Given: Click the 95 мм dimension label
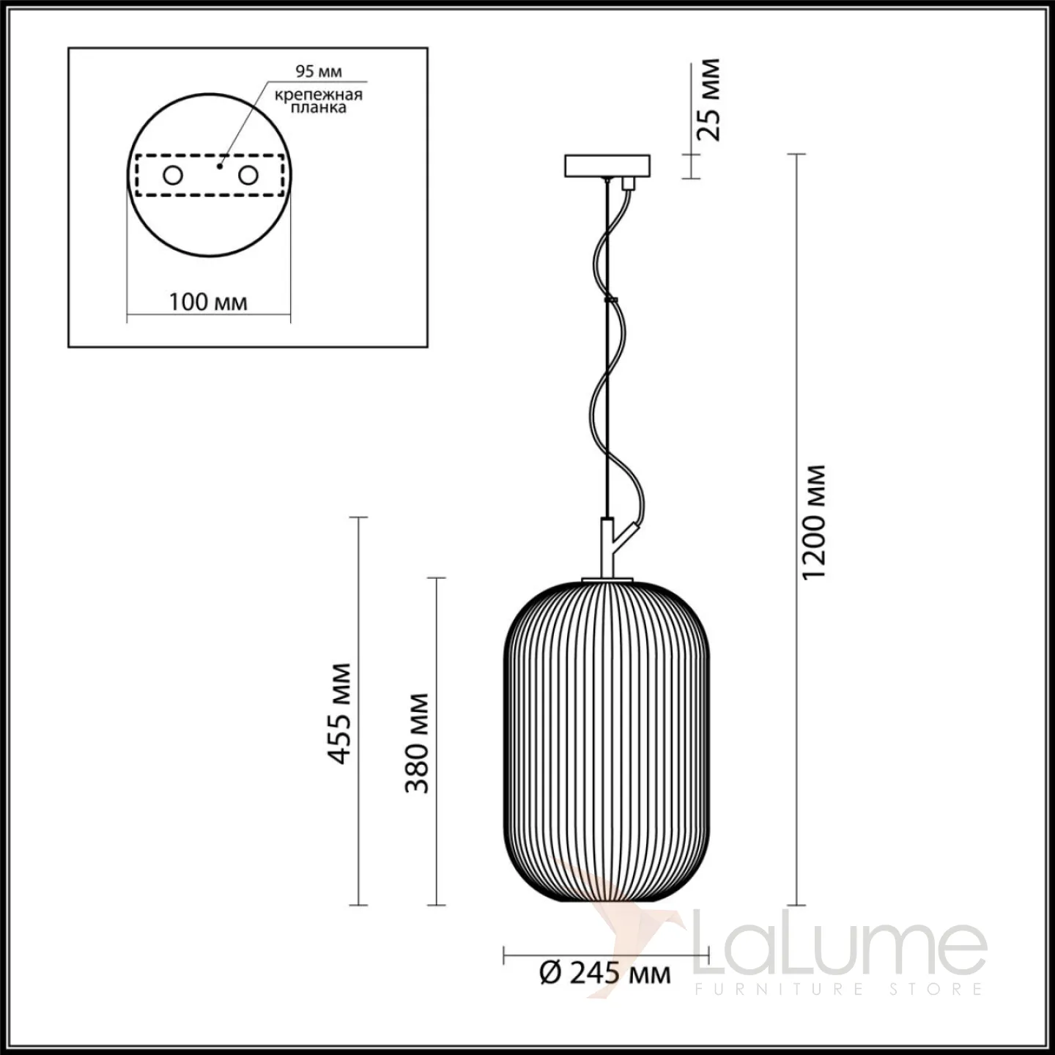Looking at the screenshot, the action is [319, 71].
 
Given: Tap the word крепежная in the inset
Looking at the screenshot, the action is [319, 95].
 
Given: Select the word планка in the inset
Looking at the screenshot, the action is [319, 108].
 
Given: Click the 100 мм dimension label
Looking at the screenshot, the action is [208, 302].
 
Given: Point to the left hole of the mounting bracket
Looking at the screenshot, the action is [172, 176].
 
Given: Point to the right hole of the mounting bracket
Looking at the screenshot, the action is [248, 176].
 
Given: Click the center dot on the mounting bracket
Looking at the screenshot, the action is [220, 166].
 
